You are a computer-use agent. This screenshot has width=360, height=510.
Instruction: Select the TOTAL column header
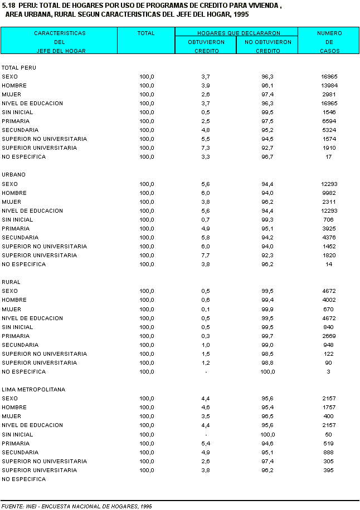click(146, 33)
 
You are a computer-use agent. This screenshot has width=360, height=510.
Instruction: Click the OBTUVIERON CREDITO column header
click(206, 46)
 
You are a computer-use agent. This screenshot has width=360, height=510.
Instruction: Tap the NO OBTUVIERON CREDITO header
click(268, 46)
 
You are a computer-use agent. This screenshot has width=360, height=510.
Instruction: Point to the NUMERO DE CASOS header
click(329, 42)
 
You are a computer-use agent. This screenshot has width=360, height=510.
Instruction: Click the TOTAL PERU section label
click(19, 67)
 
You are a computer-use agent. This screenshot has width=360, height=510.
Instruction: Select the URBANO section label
click(13, 175)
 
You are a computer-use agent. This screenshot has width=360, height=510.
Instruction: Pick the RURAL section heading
click(11, 282)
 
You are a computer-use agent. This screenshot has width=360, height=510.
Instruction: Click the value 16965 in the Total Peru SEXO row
click(329, 76)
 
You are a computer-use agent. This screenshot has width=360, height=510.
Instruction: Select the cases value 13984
click(329, 85)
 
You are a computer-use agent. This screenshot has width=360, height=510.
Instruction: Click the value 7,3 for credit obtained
click(206, 148)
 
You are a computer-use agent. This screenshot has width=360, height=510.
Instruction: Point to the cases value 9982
click(329, 193)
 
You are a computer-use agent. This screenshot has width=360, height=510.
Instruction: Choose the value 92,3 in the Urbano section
click(268, 255)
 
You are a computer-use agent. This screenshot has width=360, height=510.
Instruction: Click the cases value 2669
click(329, 336)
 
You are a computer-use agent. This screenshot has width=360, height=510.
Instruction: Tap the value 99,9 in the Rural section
click(268, 309)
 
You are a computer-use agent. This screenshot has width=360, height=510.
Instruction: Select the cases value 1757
click(328, 408)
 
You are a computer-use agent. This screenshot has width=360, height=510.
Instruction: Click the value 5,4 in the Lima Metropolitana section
click(206, 443)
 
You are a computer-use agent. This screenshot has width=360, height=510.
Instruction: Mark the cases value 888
click(328, 452)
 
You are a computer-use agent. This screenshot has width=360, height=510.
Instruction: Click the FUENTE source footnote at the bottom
click(77, 506)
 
